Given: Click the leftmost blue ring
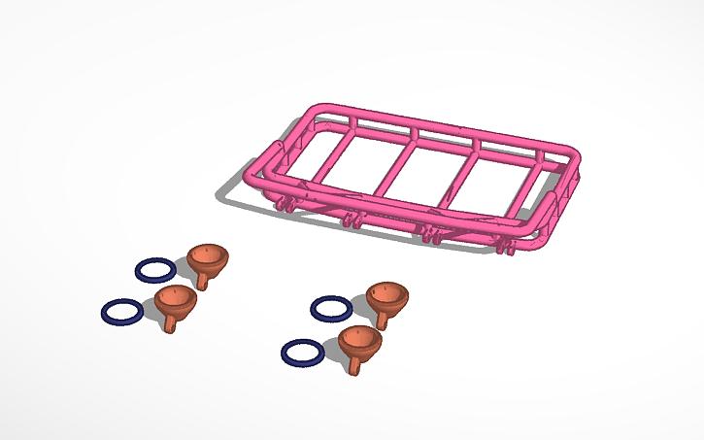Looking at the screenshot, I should click(x=121, y=312).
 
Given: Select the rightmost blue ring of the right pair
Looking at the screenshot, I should click(x=330, y=308).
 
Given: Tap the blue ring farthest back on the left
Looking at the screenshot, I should click(x=154, y=267).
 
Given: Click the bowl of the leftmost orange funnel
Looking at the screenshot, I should click(x=175, y=300).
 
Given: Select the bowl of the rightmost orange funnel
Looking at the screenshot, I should click(x=387, y=295).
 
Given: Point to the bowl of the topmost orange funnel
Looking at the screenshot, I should click(x=208, y=257).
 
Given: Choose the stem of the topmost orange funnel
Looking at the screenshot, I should click(x=203, y=281).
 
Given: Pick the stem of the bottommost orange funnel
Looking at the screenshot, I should click(x=355, y=366).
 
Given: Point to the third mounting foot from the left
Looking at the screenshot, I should click(x=427, y=232).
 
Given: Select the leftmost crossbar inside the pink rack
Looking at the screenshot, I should click(x=335, y=155).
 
